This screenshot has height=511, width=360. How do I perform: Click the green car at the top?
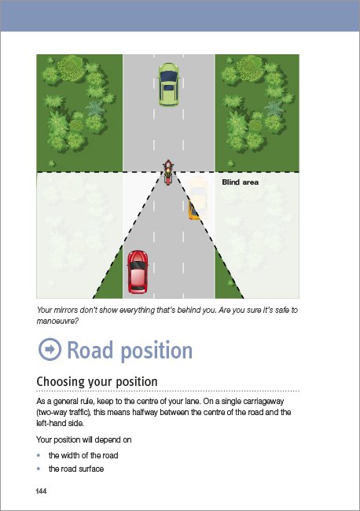168,84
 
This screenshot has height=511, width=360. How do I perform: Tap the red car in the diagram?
138,272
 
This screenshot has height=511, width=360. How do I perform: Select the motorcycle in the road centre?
167,172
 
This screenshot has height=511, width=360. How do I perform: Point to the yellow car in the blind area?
198,198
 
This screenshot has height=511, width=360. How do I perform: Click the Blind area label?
240,182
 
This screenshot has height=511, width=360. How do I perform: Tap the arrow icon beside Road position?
50,349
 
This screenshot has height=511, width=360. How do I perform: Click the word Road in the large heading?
90,350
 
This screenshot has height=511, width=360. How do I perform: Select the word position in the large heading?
156,351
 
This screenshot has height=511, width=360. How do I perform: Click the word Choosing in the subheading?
61,381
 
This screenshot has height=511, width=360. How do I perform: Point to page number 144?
41,491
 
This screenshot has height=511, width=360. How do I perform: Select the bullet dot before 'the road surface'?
39,469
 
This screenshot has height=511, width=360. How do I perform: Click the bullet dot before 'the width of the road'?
39,455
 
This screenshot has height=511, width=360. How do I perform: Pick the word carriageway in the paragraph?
263,401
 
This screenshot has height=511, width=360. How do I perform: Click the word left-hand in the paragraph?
52,423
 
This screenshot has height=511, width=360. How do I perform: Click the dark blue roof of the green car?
168,81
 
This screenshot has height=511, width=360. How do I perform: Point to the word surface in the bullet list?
91,469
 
